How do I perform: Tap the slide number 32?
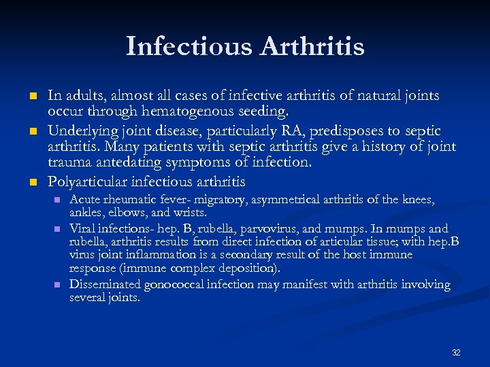456,353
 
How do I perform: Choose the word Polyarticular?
88,182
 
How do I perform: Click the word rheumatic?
130,199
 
